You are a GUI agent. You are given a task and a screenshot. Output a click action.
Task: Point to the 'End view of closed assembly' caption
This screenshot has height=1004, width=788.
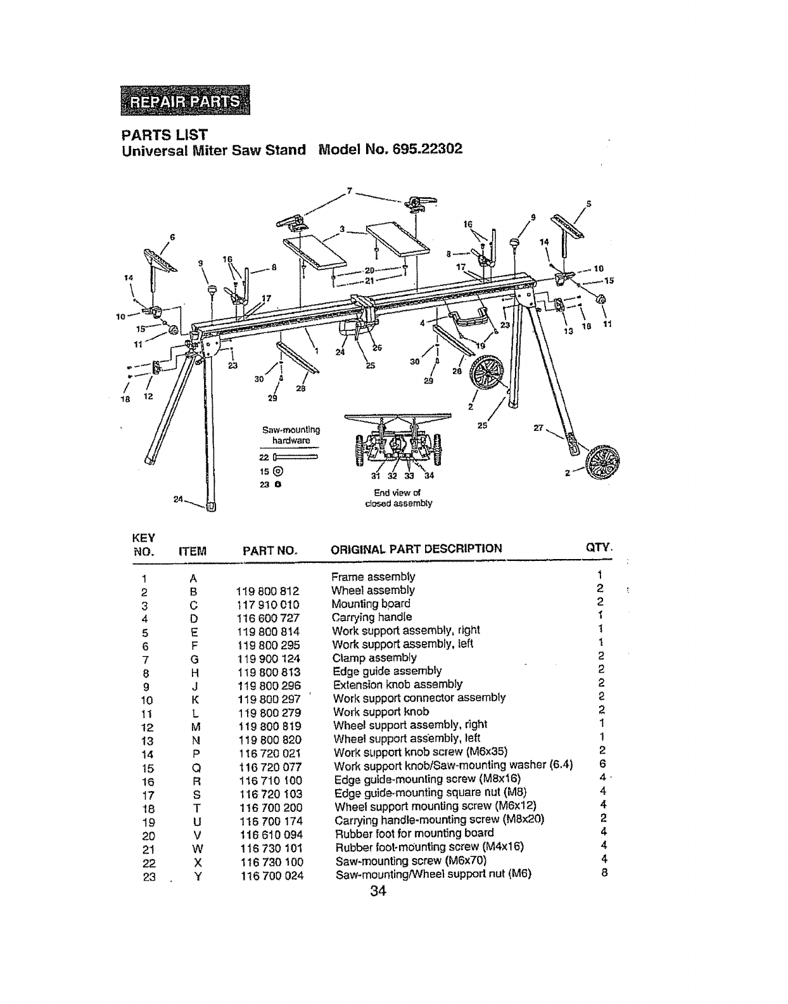coord(398,498)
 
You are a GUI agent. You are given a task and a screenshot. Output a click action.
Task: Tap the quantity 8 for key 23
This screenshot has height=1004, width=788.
coord(604,873)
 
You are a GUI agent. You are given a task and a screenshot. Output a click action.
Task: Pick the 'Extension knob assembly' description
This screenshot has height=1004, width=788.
coord(397,685)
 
